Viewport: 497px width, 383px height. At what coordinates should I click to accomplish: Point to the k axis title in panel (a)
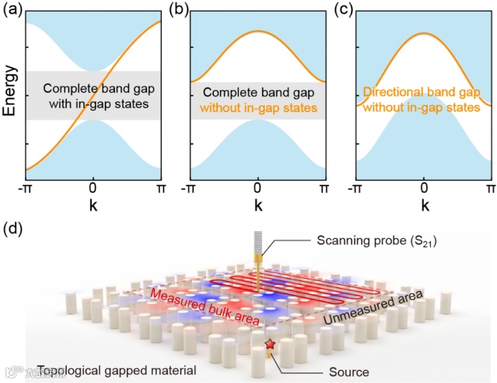pyautogui.click(x=93, y=207)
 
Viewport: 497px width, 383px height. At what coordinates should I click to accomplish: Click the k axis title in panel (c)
pyautogui.click(x=423, y=207)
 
